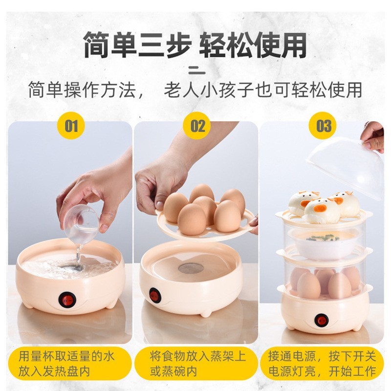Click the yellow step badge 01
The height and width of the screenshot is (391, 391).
(x=71, y=126)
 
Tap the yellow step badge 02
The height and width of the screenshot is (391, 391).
(x=198, y=126)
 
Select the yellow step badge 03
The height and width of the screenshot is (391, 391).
(x=324, y=126)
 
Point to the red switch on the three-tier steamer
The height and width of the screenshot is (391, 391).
(x=321, y=320)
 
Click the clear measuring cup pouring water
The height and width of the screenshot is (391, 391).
(x=81, y=223)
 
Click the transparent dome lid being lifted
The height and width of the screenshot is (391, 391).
(x=345, y=166)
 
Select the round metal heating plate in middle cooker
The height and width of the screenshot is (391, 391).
(x=191, y=268)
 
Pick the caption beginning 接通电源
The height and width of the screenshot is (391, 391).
(x=322, y=364)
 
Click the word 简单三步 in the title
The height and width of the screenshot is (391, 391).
(x=137, y=45)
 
